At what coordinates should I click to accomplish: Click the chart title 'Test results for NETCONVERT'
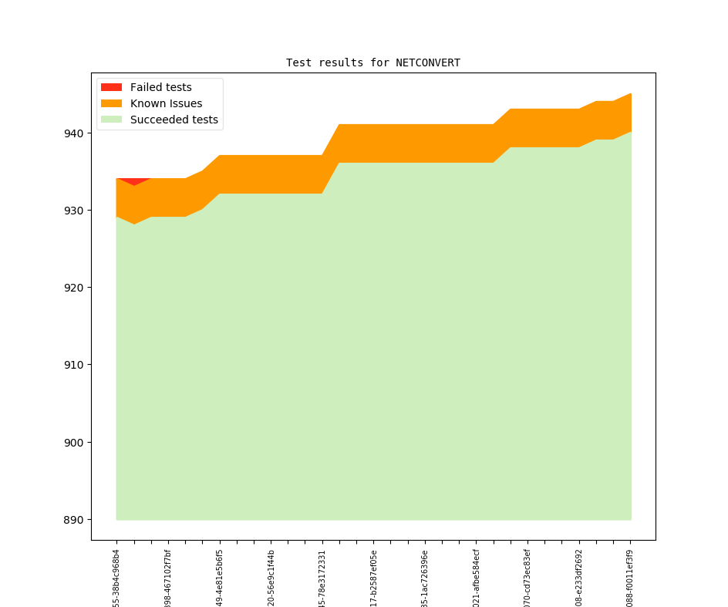[x=372, y=62]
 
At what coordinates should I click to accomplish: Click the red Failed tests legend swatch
[x=111, y=87]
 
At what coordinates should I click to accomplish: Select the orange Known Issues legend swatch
[x=111, y=103]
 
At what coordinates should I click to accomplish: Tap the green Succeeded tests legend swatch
[x=111, y=120]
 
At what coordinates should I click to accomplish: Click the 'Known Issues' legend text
[x=166, y=103]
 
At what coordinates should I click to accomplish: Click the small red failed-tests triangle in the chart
[x=133, y=181]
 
